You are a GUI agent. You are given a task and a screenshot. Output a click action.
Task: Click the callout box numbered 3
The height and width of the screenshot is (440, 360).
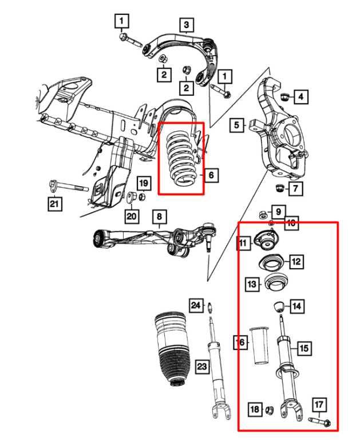tap(186, 25)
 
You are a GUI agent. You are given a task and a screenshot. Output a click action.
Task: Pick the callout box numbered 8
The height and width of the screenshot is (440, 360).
tap(159, 217)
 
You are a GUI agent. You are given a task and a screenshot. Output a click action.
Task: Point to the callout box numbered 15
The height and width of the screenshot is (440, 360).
tap(303, 347)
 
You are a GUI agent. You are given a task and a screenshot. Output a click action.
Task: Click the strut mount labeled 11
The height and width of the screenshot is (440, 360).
tap(267, 241)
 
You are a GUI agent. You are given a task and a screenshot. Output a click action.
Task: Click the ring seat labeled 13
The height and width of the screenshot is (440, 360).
tap(274, 283)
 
